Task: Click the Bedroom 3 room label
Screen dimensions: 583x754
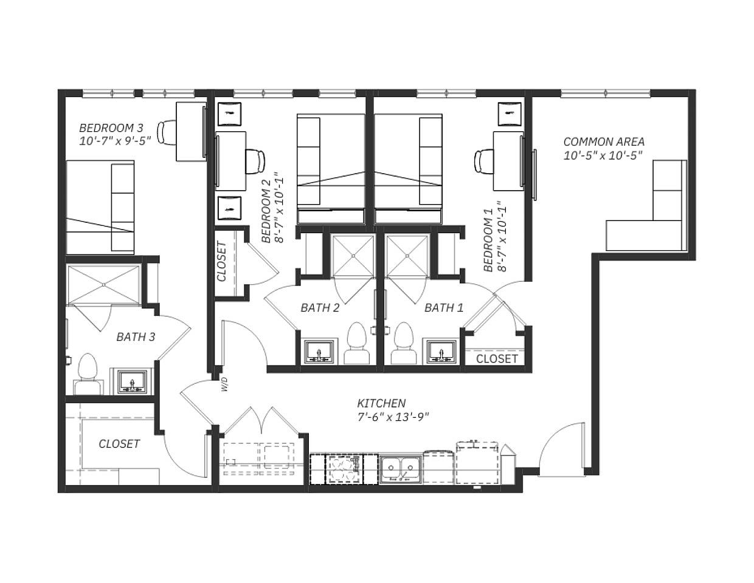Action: (x=111, y=128)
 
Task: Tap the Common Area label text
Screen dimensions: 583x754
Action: (x=603, y=141)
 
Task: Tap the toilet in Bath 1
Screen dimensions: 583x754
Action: (x=403, y=344)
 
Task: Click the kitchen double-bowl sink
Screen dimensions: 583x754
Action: (x=401, y=469)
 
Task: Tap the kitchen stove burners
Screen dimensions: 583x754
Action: (x=344, y=469)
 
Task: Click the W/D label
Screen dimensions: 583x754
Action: (x=224, y=384)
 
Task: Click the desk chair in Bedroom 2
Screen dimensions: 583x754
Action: (x=255, y=161)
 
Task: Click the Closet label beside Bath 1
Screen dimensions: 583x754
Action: (x=497, y=358)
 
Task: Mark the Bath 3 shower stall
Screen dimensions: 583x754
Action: (x=103, y=284)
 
